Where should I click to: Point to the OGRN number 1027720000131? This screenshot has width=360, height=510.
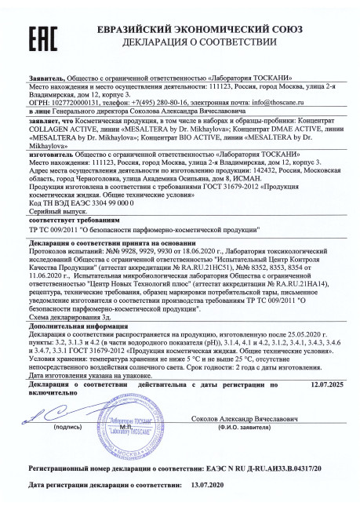[x=57, y=102]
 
